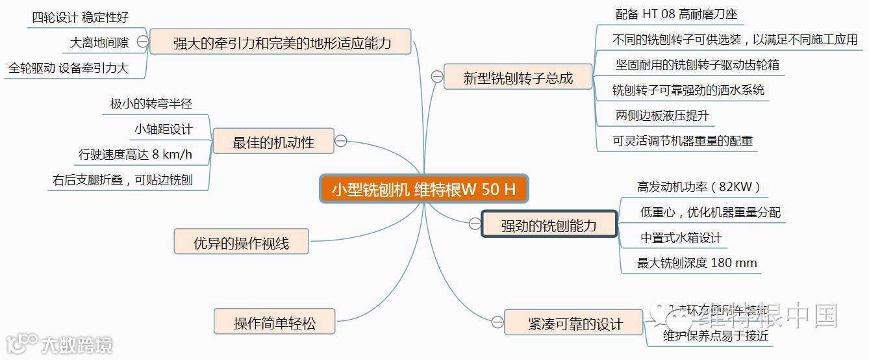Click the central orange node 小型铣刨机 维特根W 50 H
[x=423, y=189]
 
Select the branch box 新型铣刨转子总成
[x=518, y=78]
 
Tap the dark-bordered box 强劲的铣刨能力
[x=549, y=225]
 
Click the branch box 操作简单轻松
[x=275, y=323]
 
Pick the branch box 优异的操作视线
[x=241, y=242]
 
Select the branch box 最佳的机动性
[x=273, y=142]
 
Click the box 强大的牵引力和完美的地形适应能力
[x=282, y=43]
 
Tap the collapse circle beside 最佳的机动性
[x=340, y=141]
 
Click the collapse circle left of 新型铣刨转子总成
[x=437, y=77]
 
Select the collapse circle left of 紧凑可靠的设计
[x=497, y=322]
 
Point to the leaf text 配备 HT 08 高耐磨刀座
[x=676, y=14]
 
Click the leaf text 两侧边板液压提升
[x=662, y=116]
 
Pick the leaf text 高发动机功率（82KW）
[x=698, y=187]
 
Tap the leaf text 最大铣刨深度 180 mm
[x=697, y=263]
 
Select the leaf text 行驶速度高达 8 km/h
[x=135, y=155]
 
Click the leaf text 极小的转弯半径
[x=151, y=103]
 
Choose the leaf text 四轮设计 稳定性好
[x=80, y=17]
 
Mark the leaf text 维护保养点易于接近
[x=716, y=336]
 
